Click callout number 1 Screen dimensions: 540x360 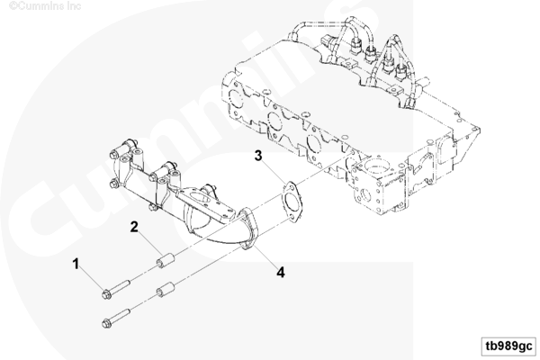point(76,265)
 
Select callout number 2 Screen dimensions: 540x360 point(134,227)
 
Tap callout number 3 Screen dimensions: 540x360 point(258,156)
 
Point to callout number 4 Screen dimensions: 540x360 point(281,272)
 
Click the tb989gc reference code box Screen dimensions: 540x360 point(508,346)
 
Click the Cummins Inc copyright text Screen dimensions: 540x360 point(45,6)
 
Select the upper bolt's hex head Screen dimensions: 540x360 point(107,294)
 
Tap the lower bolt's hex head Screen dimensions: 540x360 point(107,323)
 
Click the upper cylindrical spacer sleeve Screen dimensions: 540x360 point(166,260)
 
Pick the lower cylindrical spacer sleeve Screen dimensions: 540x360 point(166,289)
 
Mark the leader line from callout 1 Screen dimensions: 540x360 point(91,280)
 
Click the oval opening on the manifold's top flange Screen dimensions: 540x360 point(198,199)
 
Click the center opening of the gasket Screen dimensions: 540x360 point(292,202)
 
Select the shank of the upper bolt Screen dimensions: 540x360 point(121,286)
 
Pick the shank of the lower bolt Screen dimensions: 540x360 point(121,316)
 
